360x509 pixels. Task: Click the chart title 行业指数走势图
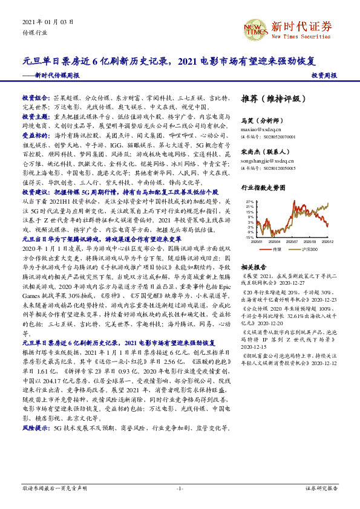point(263,188)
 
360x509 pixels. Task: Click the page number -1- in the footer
point(180,487)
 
